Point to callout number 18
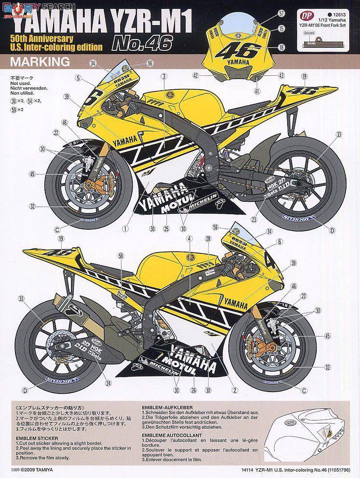click(x=281, y=47)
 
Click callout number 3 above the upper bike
click(x=164, y=76)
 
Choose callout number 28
click(x=208, y=238)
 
